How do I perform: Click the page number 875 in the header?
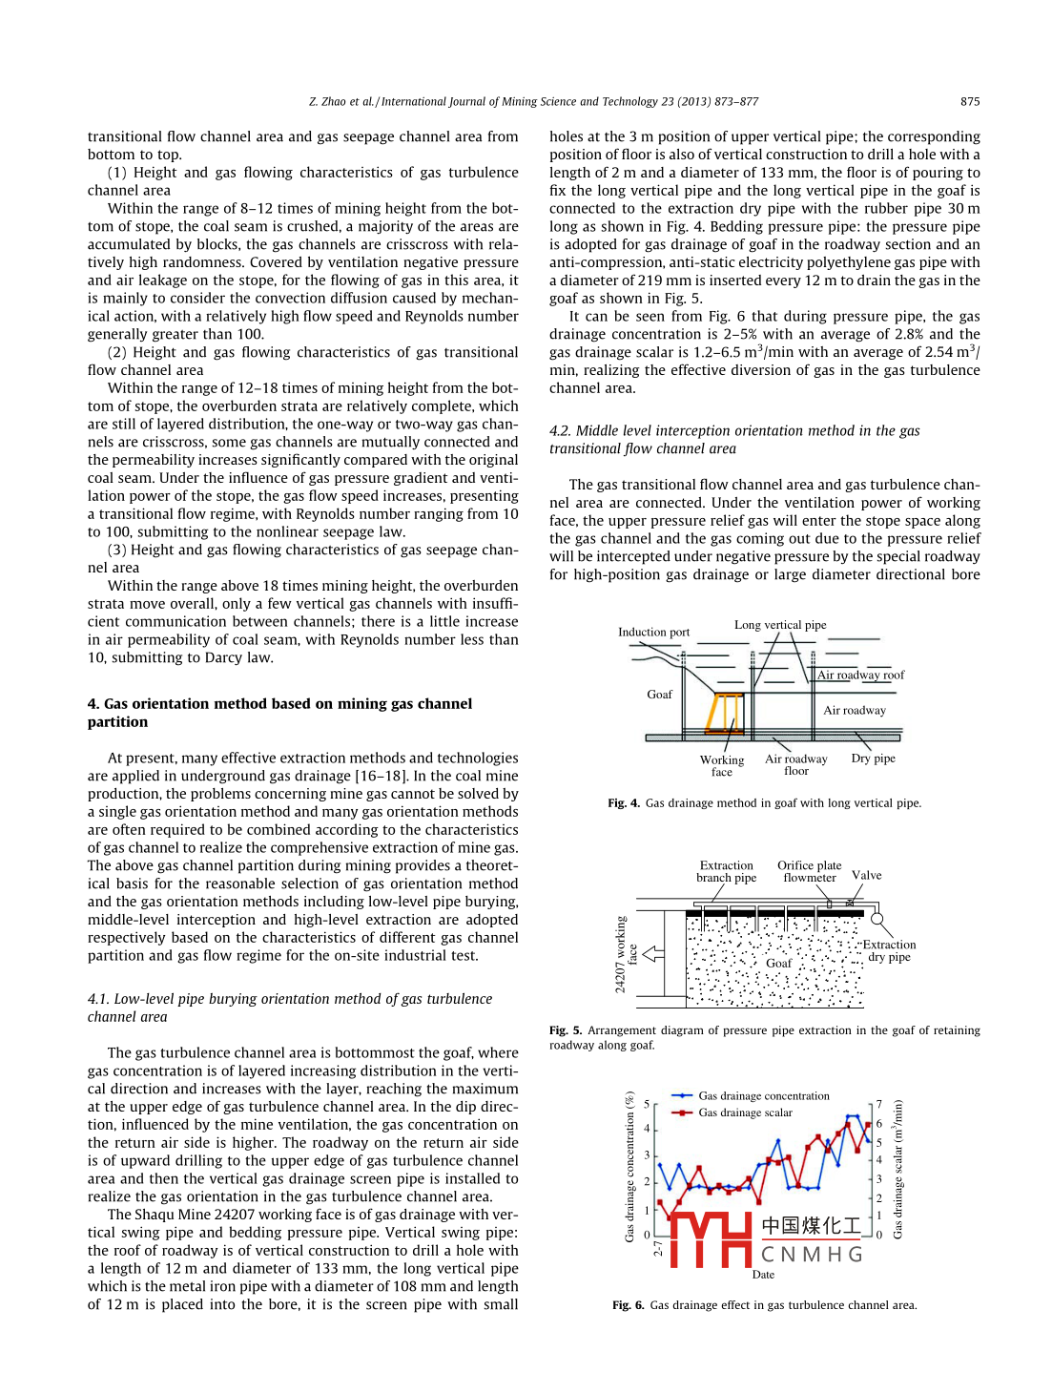pos(969,101)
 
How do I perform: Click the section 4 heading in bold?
pos(279,713)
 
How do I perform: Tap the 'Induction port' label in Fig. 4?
pos(653,632)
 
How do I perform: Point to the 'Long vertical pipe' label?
pos(780,625)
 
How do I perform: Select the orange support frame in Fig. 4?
pos(724,713)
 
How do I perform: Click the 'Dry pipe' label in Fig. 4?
pos(873,759)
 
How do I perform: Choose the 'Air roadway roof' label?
pos(860,675)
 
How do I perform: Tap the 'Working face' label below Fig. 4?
pos(722,766)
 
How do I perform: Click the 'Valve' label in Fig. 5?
pos(866,875)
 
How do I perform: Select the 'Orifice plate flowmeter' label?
pos(809,872)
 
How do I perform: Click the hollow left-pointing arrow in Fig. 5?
pos(653,953)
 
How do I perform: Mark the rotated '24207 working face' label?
pos(626,954)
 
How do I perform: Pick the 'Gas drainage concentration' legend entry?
pos(763,1096)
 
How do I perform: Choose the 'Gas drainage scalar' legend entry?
pos(745,1112)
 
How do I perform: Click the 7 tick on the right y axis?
pos(879,1104)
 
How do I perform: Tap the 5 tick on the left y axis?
pos(647,1104)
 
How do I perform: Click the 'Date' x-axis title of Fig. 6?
pos(763,1275)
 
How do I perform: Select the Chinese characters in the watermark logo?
pos(811,1225)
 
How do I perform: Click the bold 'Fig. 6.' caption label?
pos(628,1305)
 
